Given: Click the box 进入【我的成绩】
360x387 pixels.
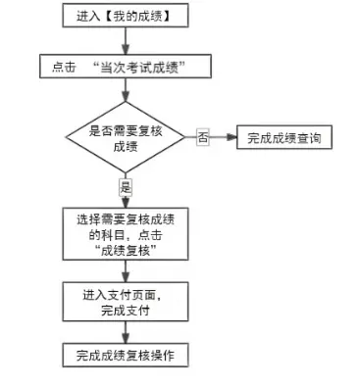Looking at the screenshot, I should click(125, 16).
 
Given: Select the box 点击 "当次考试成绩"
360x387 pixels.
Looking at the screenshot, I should click(125, 67).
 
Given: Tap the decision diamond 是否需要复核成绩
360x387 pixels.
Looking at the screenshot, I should click(125, 137).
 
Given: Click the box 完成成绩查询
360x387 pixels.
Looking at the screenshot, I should click(284, 137).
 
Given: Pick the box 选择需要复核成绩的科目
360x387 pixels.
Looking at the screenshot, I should click(125, 234).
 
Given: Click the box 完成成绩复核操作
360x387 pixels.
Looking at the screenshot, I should click(125, 354).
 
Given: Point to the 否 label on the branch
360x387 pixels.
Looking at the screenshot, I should click(203, 137).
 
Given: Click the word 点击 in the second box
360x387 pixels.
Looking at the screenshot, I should click(64, 67).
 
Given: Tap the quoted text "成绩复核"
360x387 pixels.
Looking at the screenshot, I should click(125, 250).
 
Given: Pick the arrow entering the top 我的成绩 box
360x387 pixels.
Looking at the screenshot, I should click(125, 3).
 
